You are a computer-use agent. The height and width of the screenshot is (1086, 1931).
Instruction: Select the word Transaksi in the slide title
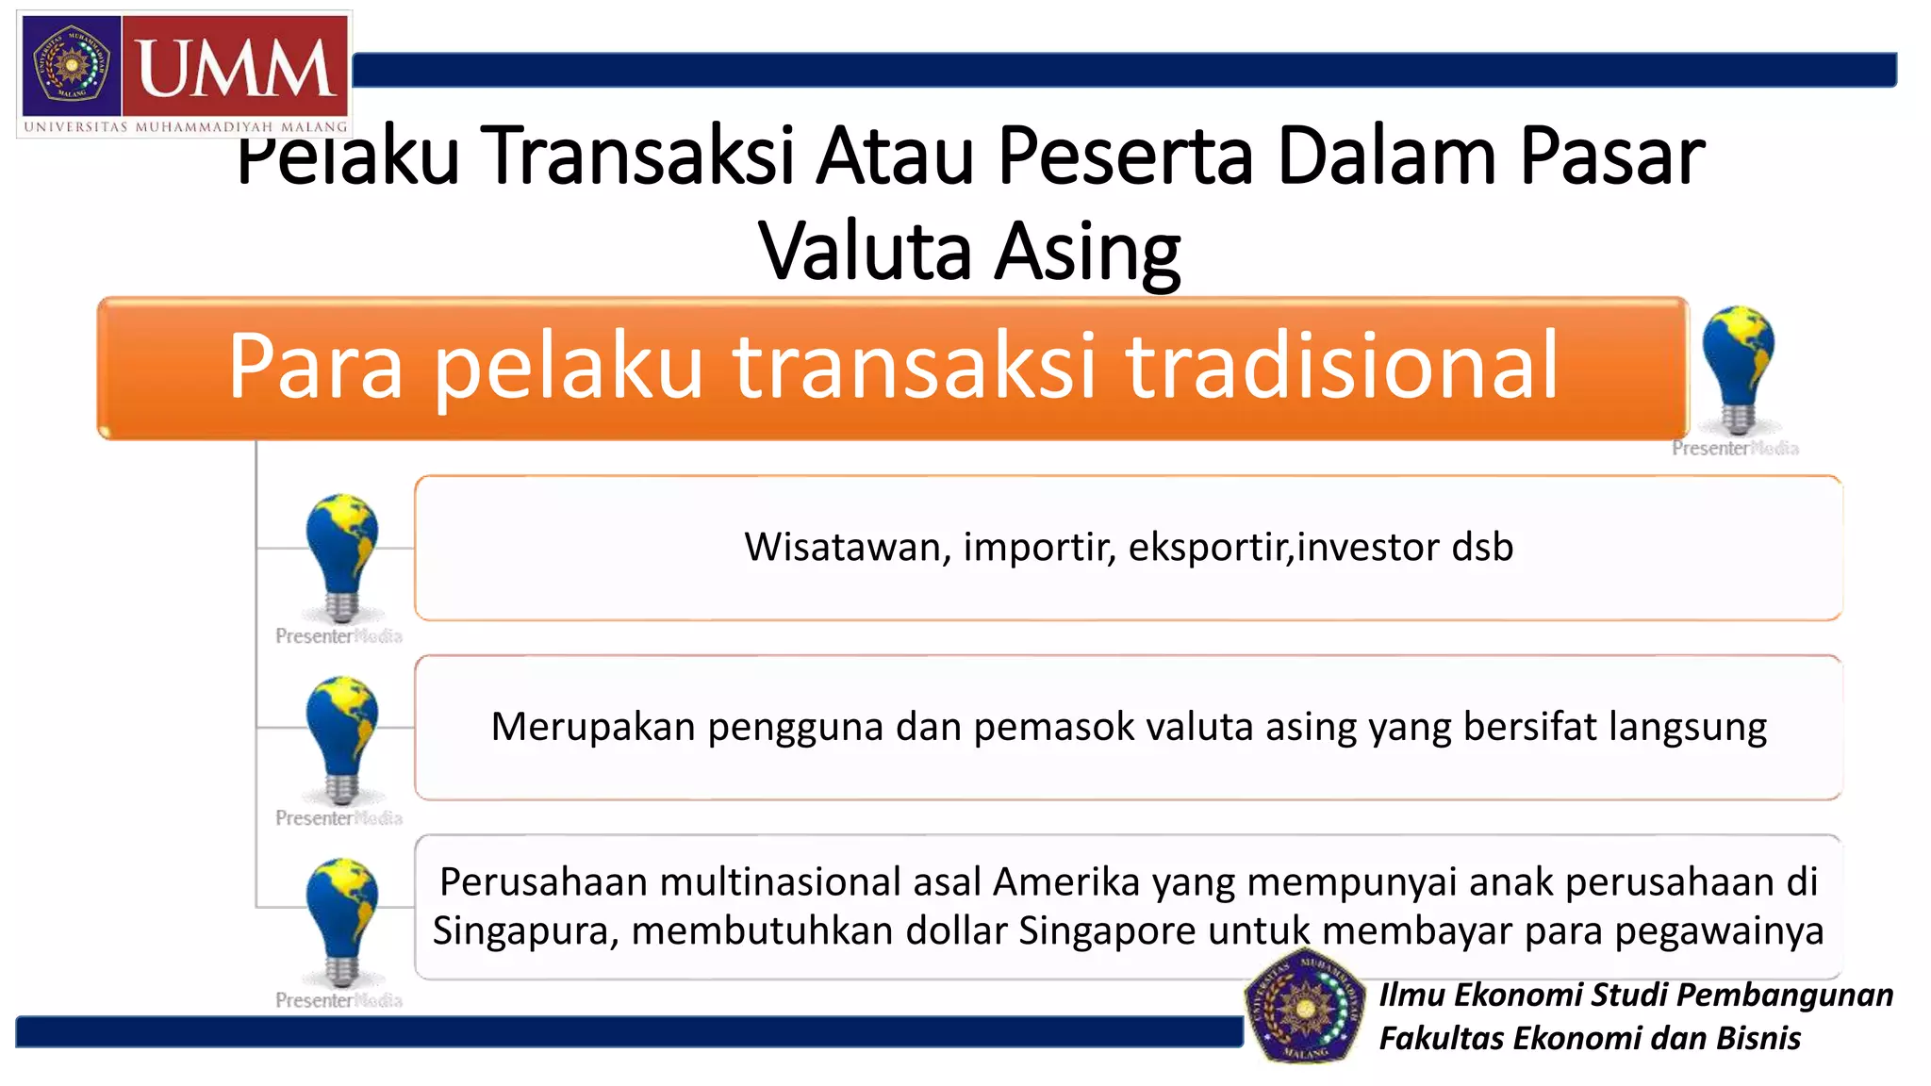641,156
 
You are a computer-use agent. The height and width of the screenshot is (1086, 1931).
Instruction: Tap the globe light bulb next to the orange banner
1737,368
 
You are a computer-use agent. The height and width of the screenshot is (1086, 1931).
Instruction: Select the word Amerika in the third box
1066,881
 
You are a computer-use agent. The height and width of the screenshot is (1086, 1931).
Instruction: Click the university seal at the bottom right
1304,1007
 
